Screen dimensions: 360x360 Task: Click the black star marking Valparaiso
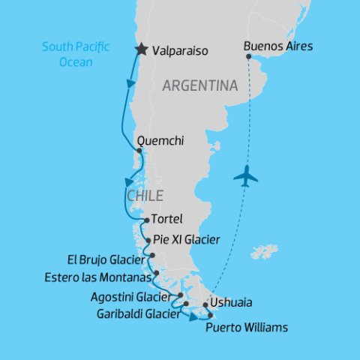(x=140, y=50)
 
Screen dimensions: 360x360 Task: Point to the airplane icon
(x=245, y=177)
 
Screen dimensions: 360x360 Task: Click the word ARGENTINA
(x=200, y=86)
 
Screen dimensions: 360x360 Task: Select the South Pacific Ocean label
(x=75, y=54)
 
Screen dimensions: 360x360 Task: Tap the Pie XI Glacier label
(x=186, y=240)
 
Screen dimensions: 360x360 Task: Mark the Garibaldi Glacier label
(x=137, y=313)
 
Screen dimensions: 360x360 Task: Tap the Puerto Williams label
(x=246, y=328)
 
